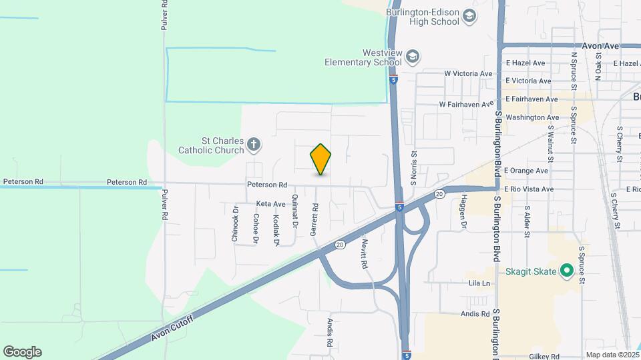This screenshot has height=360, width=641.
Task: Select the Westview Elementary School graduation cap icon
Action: pyautogui.click(x=412, y=57)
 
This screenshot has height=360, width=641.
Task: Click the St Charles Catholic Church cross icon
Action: pyautogui.click(x=253, y=143)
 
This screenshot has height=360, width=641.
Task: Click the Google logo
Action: pyautogui.click(x=22, y=352)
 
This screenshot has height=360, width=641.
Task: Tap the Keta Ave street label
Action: pyautogui.click(x=270, y=203)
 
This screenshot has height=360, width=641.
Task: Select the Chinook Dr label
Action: pyautogui.click(x=235, y=225)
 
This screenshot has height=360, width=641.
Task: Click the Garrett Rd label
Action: pyautogui.click(x=314, y=220)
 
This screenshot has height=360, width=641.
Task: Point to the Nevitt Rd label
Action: pyautogui.click(x=365, y=253)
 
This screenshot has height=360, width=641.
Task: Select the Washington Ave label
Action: pyautogui.click(x=532, y=117)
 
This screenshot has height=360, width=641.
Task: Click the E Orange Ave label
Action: pyautogui.click(x=527, y=171)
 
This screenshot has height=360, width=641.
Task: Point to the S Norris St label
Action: pyautogui.click(x=413, y=163)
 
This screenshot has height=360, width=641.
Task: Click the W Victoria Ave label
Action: pyautogui.click(x=467, y=73)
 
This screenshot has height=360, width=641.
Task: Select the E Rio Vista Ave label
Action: pyautogui.click(x=529, y=189)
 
